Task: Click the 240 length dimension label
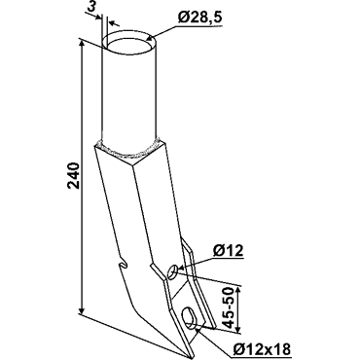coord(74,175)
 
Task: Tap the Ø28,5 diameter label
coord(200,18)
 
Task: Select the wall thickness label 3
coord(92,7)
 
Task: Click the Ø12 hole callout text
coord(229,251)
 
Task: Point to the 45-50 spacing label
coord(230,307)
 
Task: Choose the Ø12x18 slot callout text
coord(262,349)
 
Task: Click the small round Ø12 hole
coord(173,271)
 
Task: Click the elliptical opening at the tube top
coord(129,43)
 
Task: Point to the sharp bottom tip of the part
coord(189,356)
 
